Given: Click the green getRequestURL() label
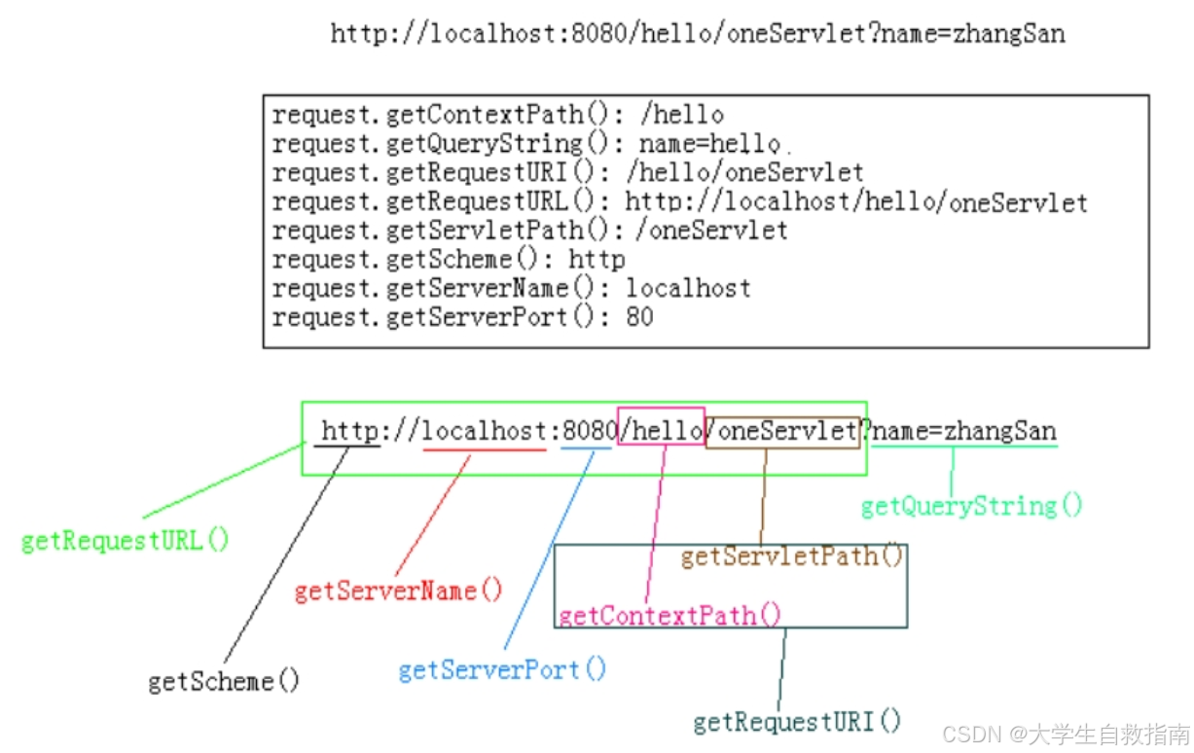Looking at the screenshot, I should point(126,541).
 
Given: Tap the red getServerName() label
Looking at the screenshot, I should point(398,591).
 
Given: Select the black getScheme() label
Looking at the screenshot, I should point(224,681).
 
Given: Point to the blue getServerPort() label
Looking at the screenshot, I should point(502,669).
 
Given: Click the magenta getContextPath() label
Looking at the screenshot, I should point(669,615).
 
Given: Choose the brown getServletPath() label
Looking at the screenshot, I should point(792,556).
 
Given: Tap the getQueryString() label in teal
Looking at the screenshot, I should point(971,506).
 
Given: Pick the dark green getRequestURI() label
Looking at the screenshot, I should point(797,721).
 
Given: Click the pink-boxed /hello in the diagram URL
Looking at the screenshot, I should point(662,430).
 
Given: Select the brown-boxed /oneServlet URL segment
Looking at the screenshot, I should point(783,431).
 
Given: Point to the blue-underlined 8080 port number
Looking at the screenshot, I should point(589,431).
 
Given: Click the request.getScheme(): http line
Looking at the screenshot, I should point(449,260).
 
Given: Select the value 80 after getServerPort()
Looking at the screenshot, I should point(639,317).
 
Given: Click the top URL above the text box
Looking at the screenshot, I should point(698,34).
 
